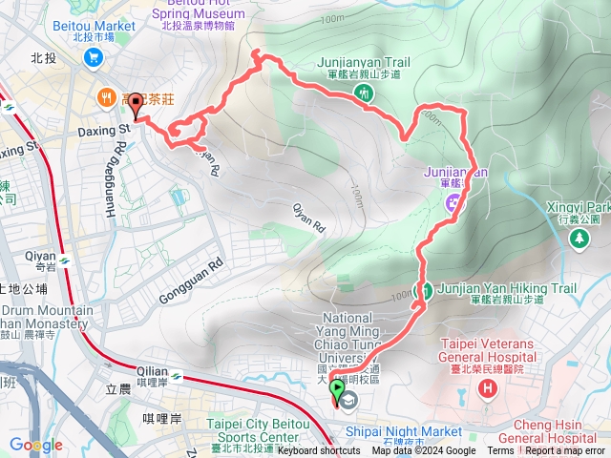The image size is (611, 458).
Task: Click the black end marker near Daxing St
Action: point(134,105)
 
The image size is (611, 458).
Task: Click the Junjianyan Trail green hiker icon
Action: point(364,93)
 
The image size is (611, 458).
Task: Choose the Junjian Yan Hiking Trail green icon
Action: point(426,289)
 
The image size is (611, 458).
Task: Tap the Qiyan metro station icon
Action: point(64,260)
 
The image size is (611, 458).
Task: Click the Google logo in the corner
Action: point(36,445)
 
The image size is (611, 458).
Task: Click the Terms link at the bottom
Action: point(499,451)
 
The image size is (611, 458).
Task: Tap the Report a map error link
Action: point(565,451)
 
